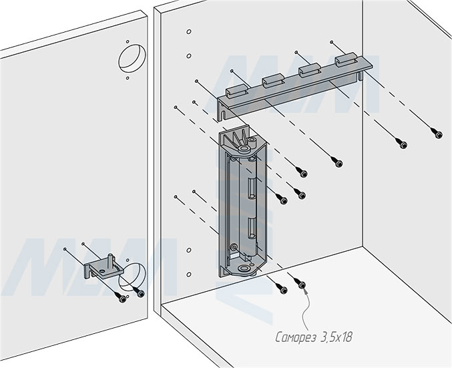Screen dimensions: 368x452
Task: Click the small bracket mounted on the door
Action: coord(101,268)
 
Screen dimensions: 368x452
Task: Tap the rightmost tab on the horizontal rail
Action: coord(345,62)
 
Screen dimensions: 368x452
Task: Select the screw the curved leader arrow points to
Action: coord(301,286)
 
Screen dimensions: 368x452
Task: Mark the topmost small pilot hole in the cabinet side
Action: coord(189,32)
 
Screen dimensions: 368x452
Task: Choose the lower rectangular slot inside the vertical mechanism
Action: coord(253,230)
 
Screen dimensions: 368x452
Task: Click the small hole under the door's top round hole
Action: coord(128,77)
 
